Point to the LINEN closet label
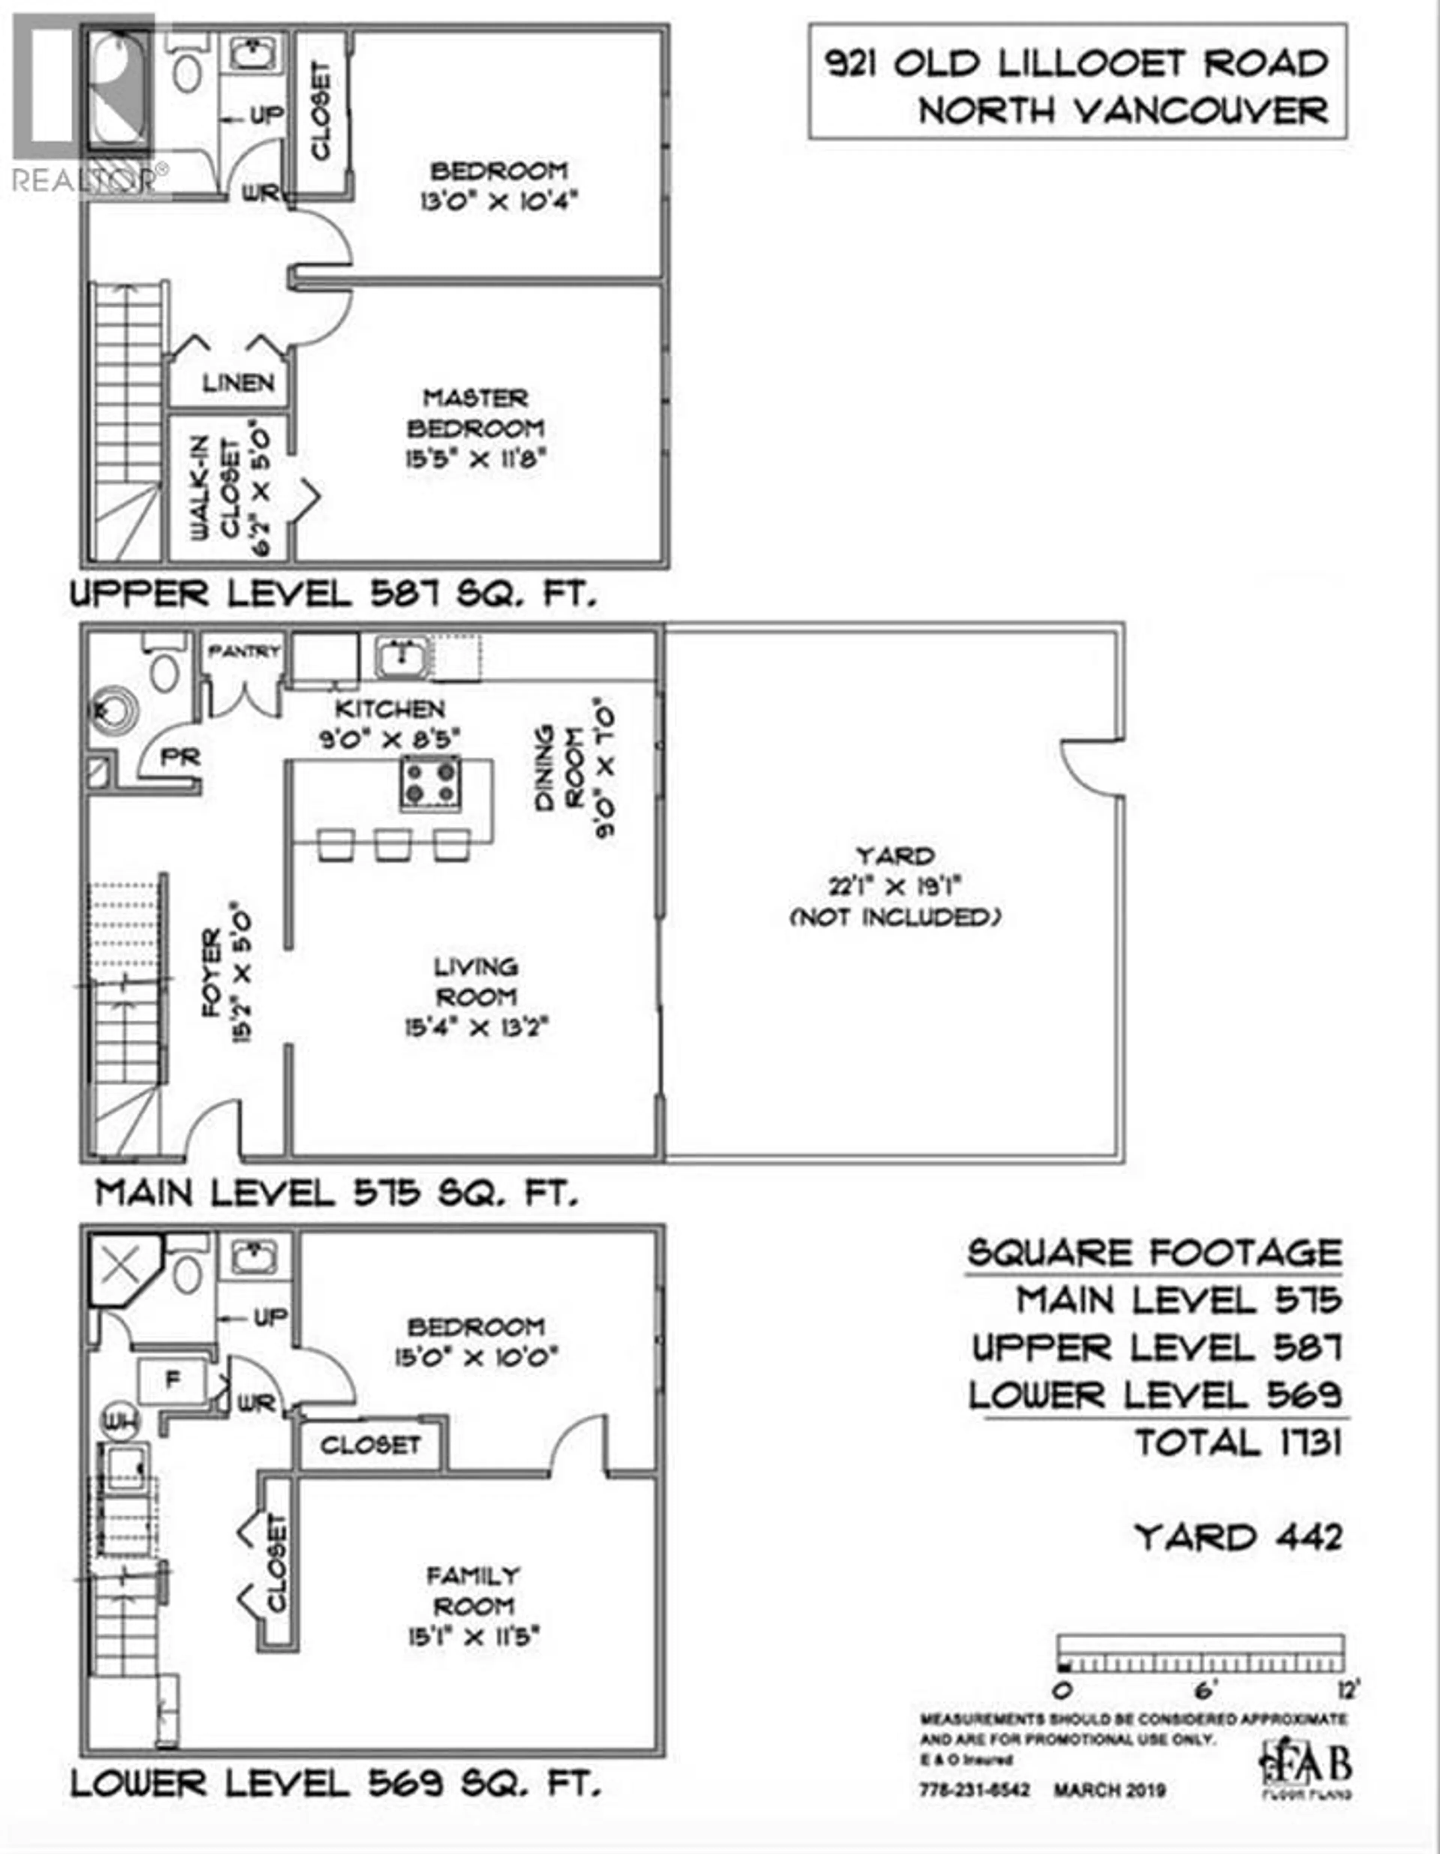[x=238, y=384]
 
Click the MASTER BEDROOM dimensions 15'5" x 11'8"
[x=475, y=459]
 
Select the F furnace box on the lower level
[x=172, y=1380]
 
